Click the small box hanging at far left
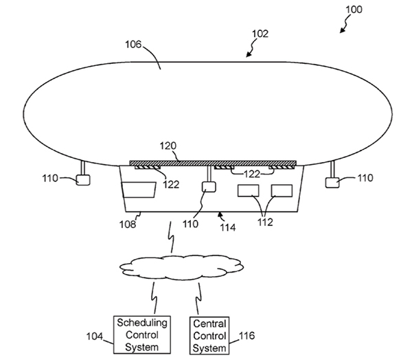coord(83,181)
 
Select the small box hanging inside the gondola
coord(208,187)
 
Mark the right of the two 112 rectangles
coord(282,190)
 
